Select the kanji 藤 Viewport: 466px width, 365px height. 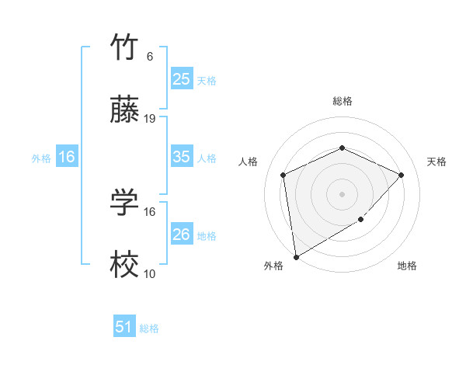pyautogui.click(x=124, y=111)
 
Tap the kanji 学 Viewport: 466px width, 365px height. pyautogui.click(x=124, y=203)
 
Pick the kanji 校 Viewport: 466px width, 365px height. pyautogui.click(x=124, y=266)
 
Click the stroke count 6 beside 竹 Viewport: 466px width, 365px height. pyautogui.click(x=149, y=57)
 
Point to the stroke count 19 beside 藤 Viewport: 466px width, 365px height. pyautogui.click(x=151, y=119)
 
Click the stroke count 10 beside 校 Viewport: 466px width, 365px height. pyautogui.click(x=150, y=273)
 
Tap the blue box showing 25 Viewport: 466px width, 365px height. pyautogui.click(x=181, y=79)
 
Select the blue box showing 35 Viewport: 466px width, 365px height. pyautogui.click(x=181, y=157)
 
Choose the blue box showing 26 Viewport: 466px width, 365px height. pyautogui.click(x=181, y=235)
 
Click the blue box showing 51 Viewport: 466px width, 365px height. pyautogui.click(x=124, y=327)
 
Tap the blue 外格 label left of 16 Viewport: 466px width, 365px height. pyautogui.click(x=41, y=158)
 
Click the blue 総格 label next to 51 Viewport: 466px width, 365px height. pyautogui.click(x=149, y=328)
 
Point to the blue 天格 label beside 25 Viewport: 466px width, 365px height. pyautogui.click(x=206, y=81)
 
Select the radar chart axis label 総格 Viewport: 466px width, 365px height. pyautogui.click(x=342, y=101)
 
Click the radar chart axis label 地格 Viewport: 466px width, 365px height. pyautogui.click(x=407, y=266)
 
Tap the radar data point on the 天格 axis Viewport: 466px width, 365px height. pyautogui.click(x=401, y=175)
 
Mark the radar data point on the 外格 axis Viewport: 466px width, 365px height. pyautogui.click(x=295, y=256)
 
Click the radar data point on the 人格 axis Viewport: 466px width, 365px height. pyautogui.click(x=283, y=175)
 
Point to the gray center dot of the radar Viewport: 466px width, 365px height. pyautogui.click(x=342, y=193)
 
